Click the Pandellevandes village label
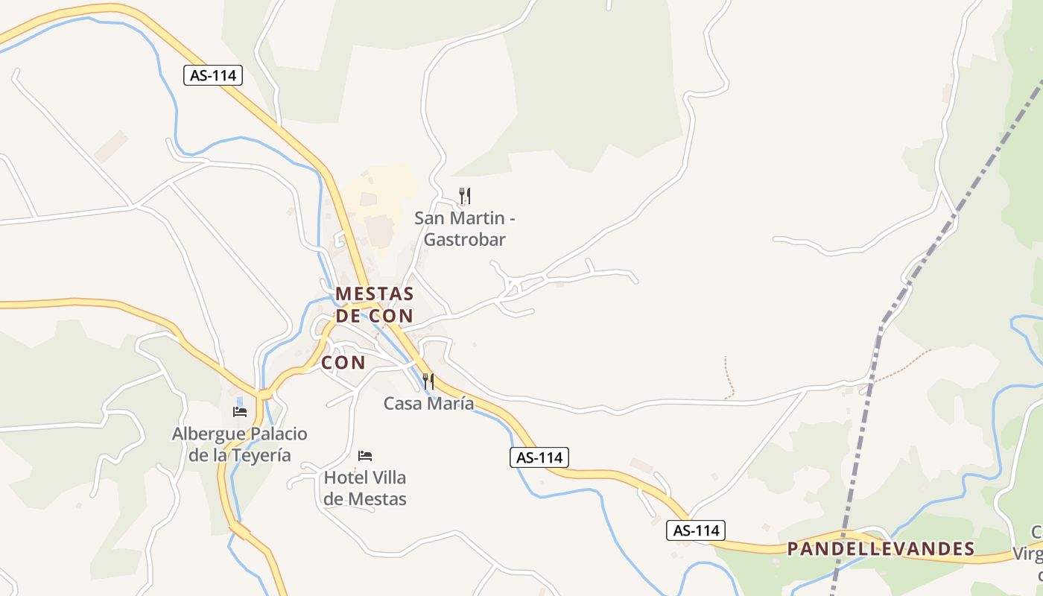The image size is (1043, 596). pyautogui.click(x=881, y=549)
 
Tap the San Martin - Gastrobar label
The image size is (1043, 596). pyautogui.click(x=464, y=229)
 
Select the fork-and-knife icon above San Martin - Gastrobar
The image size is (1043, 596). pyautogui.click(x=465, y=196)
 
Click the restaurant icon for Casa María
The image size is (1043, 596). pyautogui.click(x=428, y=381)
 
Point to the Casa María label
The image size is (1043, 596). pyautogui.click(x=428, y=403)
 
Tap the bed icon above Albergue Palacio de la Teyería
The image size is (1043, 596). pyautogui.click(x=240, y=411)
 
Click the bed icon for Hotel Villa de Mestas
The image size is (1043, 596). pyautogui.click(x=365, y=455)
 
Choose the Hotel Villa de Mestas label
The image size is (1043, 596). pyautogui.click(x=365, y=488)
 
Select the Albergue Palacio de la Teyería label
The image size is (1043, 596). pyautogui.click(x=239, y=444)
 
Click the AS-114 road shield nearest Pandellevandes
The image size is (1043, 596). pyautogui.click(x=695, y=530)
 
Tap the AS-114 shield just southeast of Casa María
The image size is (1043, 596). pyautogui.click(x=539, y=457)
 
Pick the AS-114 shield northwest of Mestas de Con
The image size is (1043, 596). pyautogui.click(x=213, y=75)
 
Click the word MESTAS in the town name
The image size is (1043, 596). pyautogui.click(x=375, y=294)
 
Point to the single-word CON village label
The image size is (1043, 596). pyautogui.click(x=343, y=363)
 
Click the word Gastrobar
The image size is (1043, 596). pyautogui.click(x=464, y=240)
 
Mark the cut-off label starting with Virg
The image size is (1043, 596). pyautogui.click(x=1028, y=554)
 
